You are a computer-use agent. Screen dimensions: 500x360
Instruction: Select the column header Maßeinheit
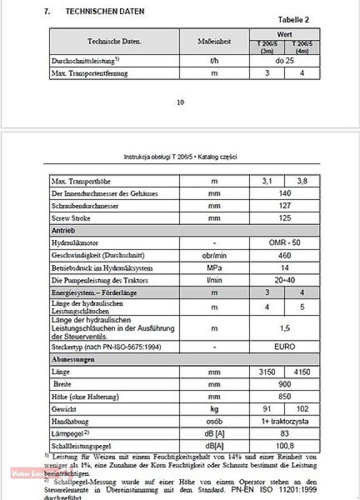[214, 41]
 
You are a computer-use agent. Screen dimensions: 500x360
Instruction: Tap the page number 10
[180, 103]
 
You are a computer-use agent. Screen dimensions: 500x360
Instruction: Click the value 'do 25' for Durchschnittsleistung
[284, 62]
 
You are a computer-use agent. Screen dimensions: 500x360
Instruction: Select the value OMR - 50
[284, 242]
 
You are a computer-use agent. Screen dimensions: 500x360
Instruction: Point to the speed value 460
[284, 255]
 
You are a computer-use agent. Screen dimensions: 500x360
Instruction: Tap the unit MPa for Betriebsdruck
[214, 267]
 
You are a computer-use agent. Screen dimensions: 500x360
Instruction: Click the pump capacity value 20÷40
[284, 280]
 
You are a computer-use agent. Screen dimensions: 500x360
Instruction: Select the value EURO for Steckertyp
[284, 346]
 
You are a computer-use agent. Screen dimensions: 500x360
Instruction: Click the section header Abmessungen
[73, 359]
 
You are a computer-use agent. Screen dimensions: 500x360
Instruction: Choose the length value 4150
[302, 371]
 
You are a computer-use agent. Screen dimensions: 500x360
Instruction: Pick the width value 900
[284, 384]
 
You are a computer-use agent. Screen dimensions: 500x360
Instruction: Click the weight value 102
[302, 409]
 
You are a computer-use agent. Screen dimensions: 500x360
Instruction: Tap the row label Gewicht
[65, 409]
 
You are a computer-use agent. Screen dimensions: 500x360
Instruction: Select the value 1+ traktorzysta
[284, 421]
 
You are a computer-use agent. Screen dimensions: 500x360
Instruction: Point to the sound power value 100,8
[284, 446]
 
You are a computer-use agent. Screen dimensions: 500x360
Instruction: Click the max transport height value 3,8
[302, 181]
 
